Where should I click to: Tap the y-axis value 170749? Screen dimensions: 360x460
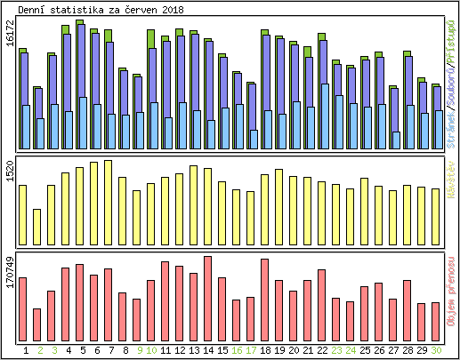pos(9,271)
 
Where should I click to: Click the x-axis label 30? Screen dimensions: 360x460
pos(436,351)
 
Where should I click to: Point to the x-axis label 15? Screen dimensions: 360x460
pos(222,351)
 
